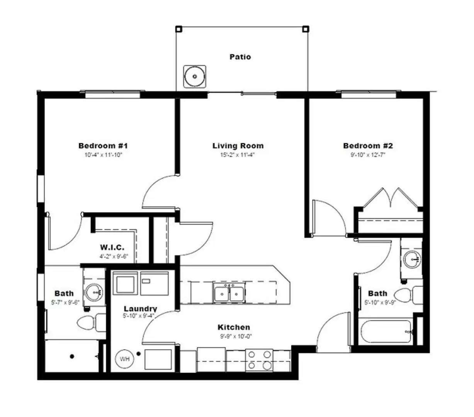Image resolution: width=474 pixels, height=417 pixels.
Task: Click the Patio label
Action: point(240,57)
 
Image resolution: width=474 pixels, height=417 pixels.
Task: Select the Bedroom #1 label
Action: point(103,146)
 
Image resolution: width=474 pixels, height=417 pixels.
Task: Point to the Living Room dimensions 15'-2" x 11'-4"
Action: point(238,155)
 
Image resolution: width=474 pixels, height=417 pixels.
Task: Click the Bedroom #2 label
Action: point(368,146)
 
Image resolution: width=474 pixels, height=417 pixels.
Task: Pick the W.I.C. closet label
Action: point(112,247)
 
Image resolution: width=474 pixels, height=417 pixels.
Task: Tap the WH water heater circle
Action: point(124,359)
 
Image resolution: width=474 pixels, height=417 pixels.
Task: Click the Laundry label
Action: point(140,309)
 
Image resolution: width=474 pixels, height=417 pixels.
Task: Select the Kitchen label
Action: point(234,327)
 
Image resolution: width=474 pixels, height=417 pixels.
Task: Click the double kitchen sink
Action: point(229,293)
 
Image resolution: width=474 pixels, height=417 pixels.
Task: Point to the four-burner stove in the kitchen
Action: point(259,360)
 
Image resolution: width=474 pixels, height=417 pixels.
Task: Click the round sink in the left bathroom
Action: point(93,292)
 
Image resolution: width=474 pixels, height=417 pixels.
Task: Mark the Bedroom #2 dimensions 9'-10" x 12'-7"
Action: point(368,155)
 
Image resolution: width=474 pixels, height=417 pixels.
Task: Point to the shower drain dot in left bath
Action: point(71,356)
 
